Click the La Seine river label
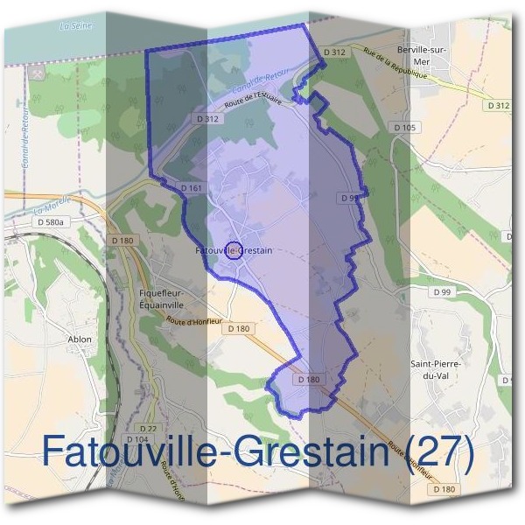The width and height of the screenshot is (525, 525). [75, 26]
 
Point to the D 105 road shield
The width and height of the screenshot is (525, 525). [405, 128]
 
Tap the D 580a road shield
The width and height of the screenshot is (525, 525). [51, 223]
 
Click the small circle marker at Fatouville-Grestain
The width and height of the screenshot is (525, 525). [234, 250]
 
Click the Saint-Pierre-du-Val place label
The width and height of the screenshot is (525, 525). [435, 368]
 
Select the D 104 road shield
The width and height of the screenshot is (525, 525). [137, 439]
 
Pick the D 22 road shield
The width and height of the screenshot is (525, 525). [148, 427]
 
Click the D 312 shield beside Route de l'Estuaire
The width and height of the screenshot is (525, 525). [206, 118]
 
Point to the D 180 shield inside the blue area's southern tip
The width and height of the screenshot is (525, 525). [308, 380]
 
